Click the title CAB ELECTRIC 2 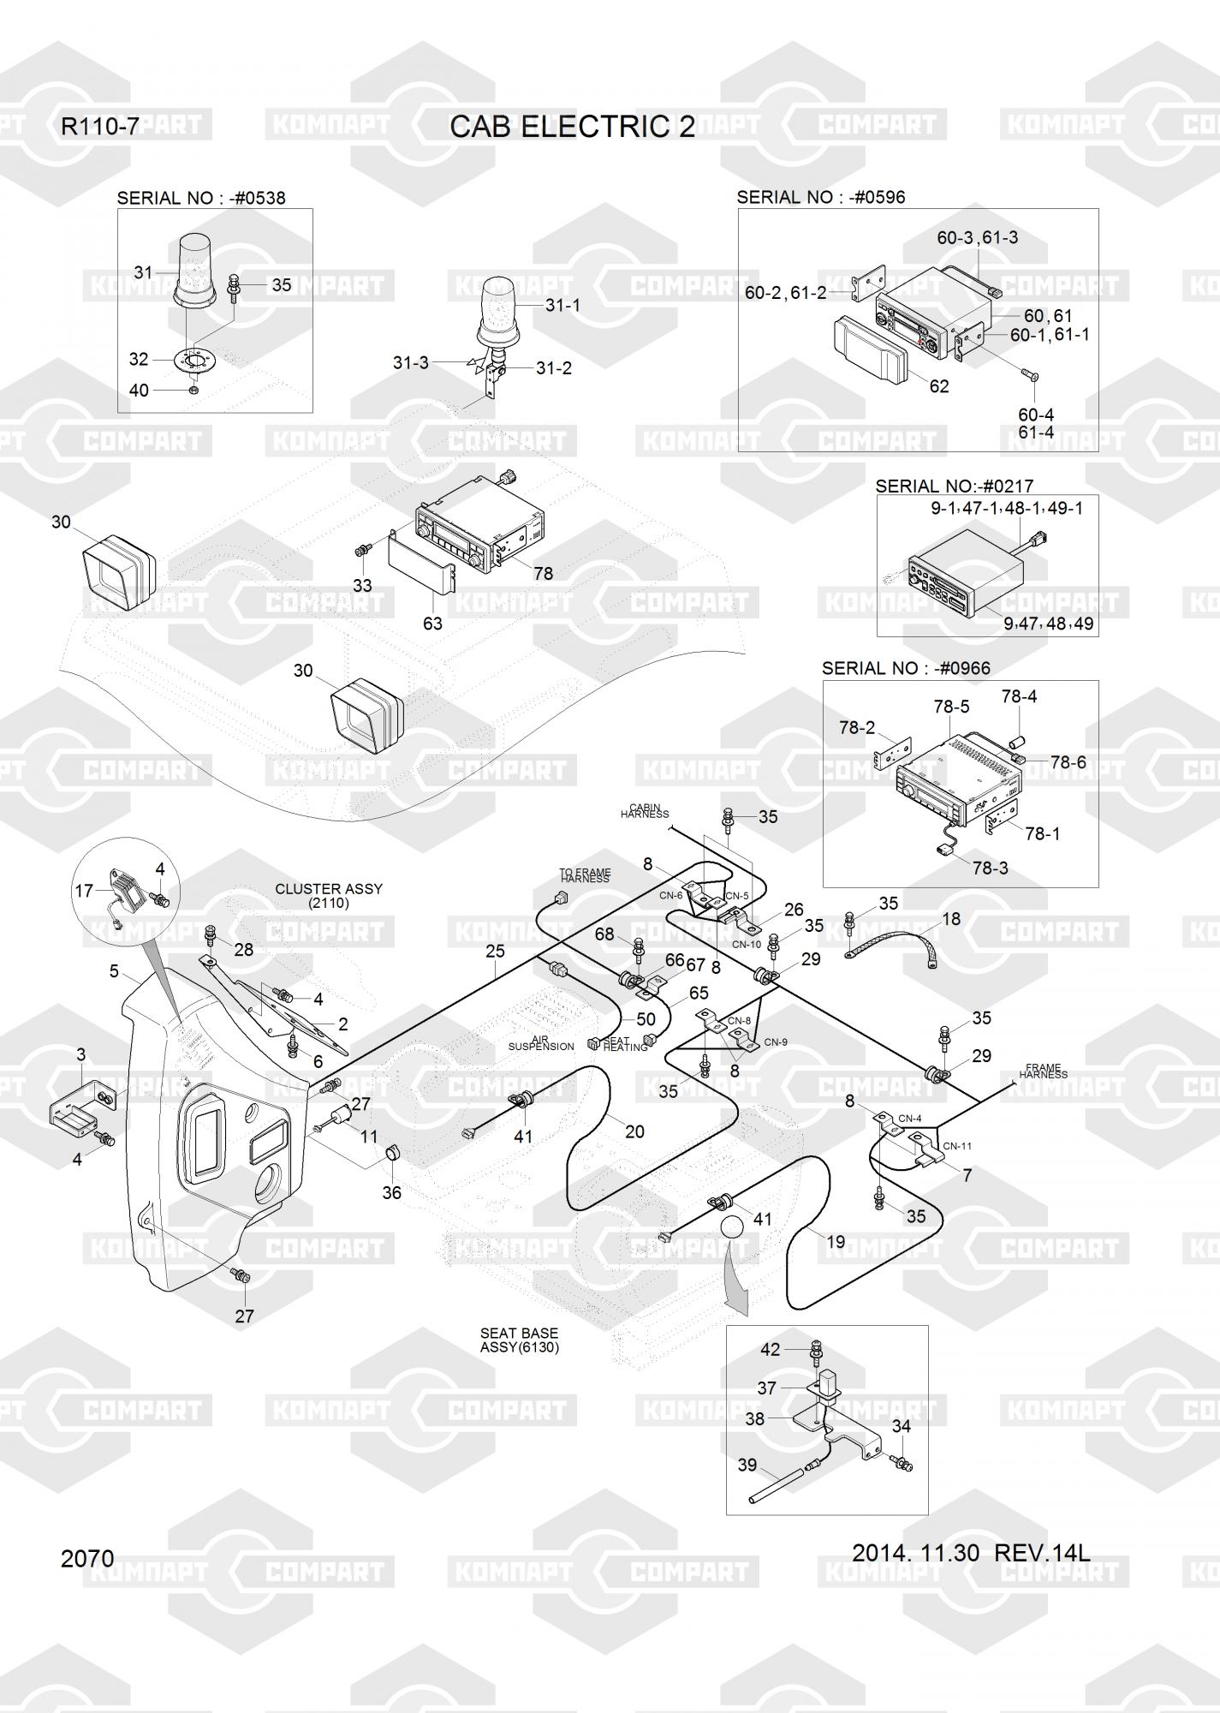pyautogui.click(x=572, y=127)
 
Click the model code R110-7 pyautogui.click(x=99, y=127)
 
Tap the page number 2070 pyautogui.click(x=87, y=1558)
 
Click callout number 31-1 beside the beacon pyautogui.click(x=563, y=305)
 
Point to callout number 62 pyautogui.click(x=939, y=386)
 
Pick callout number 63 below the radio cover pyautogui.click(x=432, y=624)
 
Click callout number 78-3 pyautogui.click(x=991, y=868)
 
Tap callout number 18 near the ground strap pyautogui.click(x=951, y=919)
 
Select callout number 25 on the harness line pyautogui.click(x=495, y=951)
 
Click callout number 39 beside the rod pyautogui.click(x=747, y=1465)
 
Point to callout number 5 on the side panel pyautogui.click(x=114, y=971)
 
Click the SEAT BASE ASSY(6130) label pyautogui.click(x=519, y=1340)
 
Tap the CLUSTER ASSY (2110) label pyautogui.click(x=329, y=896)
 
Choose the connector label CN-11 pyautogui.click(x=957, y=1146)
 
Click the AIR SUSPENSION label pyautogui.click(x=541, y=1042)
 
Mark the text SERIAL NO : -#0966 pyautogui.click(x=906, y=668)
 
